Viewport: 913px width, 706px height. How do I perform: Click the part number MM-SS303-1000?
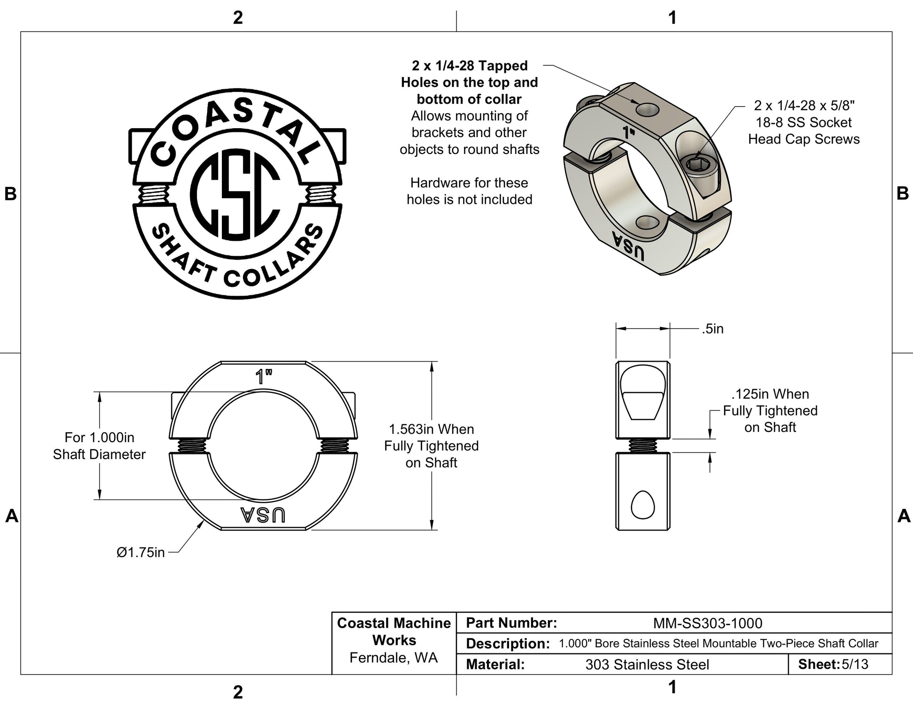pos(708,623)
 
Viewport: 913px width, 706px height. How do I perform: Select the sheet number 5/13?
pos(855,664)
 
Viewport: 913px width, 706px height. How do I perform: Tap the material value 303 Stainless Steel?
pos(647,664)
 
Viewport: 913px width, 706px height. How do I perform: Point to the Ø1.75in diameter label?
pos(140,553)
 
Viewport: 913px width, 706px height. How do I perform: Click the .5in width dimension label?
pos(712,329)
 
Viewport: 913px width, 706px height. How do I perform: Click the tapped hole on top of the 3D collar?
pos(647,110)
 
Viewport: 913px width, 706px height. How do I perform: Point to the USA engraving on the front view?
pos(263,515)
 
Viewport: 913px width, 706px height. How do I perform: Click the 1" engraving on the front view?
pos(263,376)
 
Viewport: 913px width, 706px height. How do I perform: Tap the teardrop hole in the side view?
pos(642,505)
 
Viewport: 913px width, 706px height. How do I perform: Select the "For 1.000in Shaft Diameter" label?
pos(99,445)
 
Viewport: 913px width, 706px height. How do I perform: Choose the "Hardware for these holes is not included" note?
pos(469,191)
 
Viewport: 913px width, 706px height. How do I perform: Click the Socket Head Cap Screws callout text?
pos(804,122)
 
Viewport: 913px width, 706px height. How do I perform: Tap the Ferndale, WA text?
pos(393,658)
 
